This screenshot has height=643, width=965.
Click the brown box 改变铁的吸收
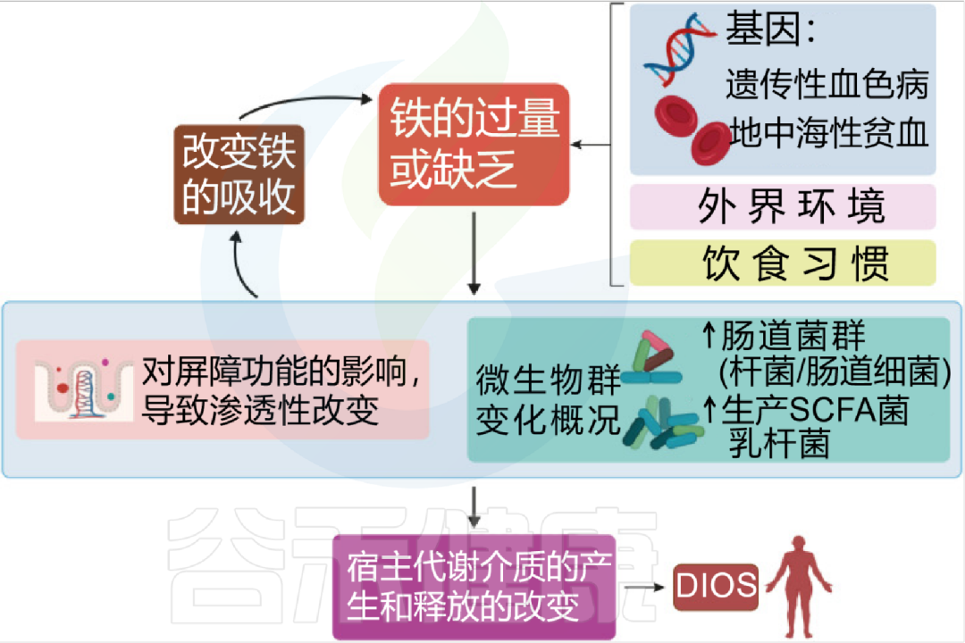point(239,175)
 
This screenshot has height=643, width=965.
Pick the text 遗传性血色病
point(827,85)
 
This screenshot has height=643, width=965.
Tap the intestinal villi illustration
point(83,389)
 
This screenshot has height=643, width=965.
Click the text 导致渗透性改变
point(260,412)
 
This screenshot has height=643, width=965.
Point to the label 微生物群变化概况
point(548,400)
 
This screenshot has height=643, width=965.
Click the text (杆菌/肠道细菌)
point(835,372)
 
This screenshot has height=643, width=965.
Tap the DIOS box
point(716,587)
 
